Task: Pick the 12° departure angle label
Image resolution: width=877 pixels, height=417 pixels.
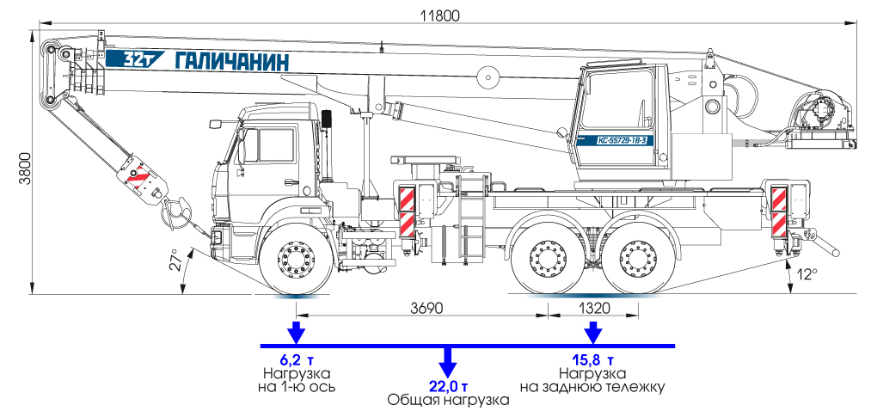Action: click(806, 274)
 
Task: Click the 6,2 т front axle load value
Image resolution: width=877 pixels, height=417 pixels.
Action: click(295, 359)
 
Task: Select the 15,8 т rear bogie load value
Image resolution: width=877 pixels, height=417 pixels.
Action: click(591, 359)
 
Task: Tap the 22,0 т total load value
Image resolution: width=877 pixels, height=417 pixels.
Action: click(447, 384)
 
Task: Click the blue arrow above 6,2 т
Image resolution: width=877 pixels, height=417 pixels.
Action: click(296, 332)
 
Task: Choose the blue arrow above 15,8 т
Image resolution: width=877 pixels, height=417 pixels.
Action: click(592, 332)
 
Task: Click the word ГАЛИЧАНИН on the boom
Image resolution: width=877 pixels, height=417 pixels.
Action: click(232, 61)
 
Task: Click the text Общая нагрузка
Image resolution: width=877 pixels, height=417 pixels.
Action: click(447, 400)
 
